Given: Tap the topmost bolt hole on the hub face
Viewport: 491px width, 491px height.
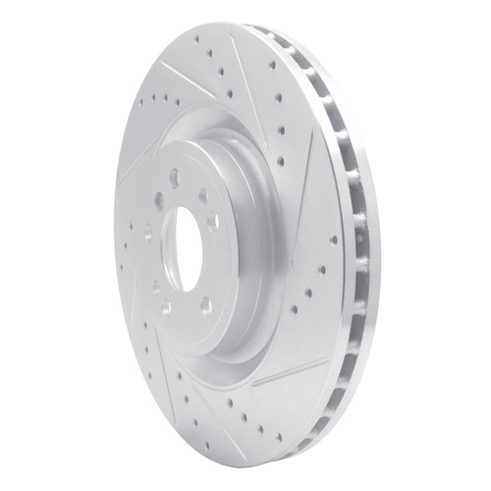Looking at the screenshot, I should pos(174,178).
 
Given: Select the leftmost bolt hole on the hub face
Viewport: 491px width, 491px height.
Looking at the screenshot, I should pos(147,233).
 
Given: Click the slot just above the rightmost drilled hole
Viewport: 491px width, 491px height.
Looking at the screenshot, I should pos(312,177).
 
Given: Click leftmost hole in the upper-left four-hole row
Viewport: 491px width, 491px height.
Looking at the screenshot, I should pos(139,99).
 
